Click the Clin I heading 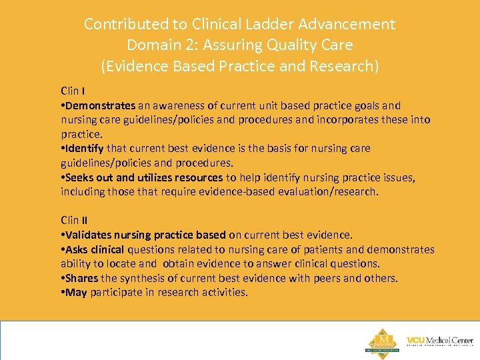pyautogui.click(x=73, y=91)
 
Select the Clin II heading pyautogui.click(x=74, y=220)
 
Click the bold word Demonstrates pyautogui.click(x=101, y=105)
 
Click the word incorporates pyautogui.click(x=346, y=120)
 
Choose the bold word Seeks pyautogui.click(x=80, y=177)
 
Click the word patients pyautogui.click(x=311, y=249)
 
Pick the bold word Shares pyautogui.click(x=81, y=278)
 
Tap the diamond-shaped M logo pyautogui.click(x=381, y=341)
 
